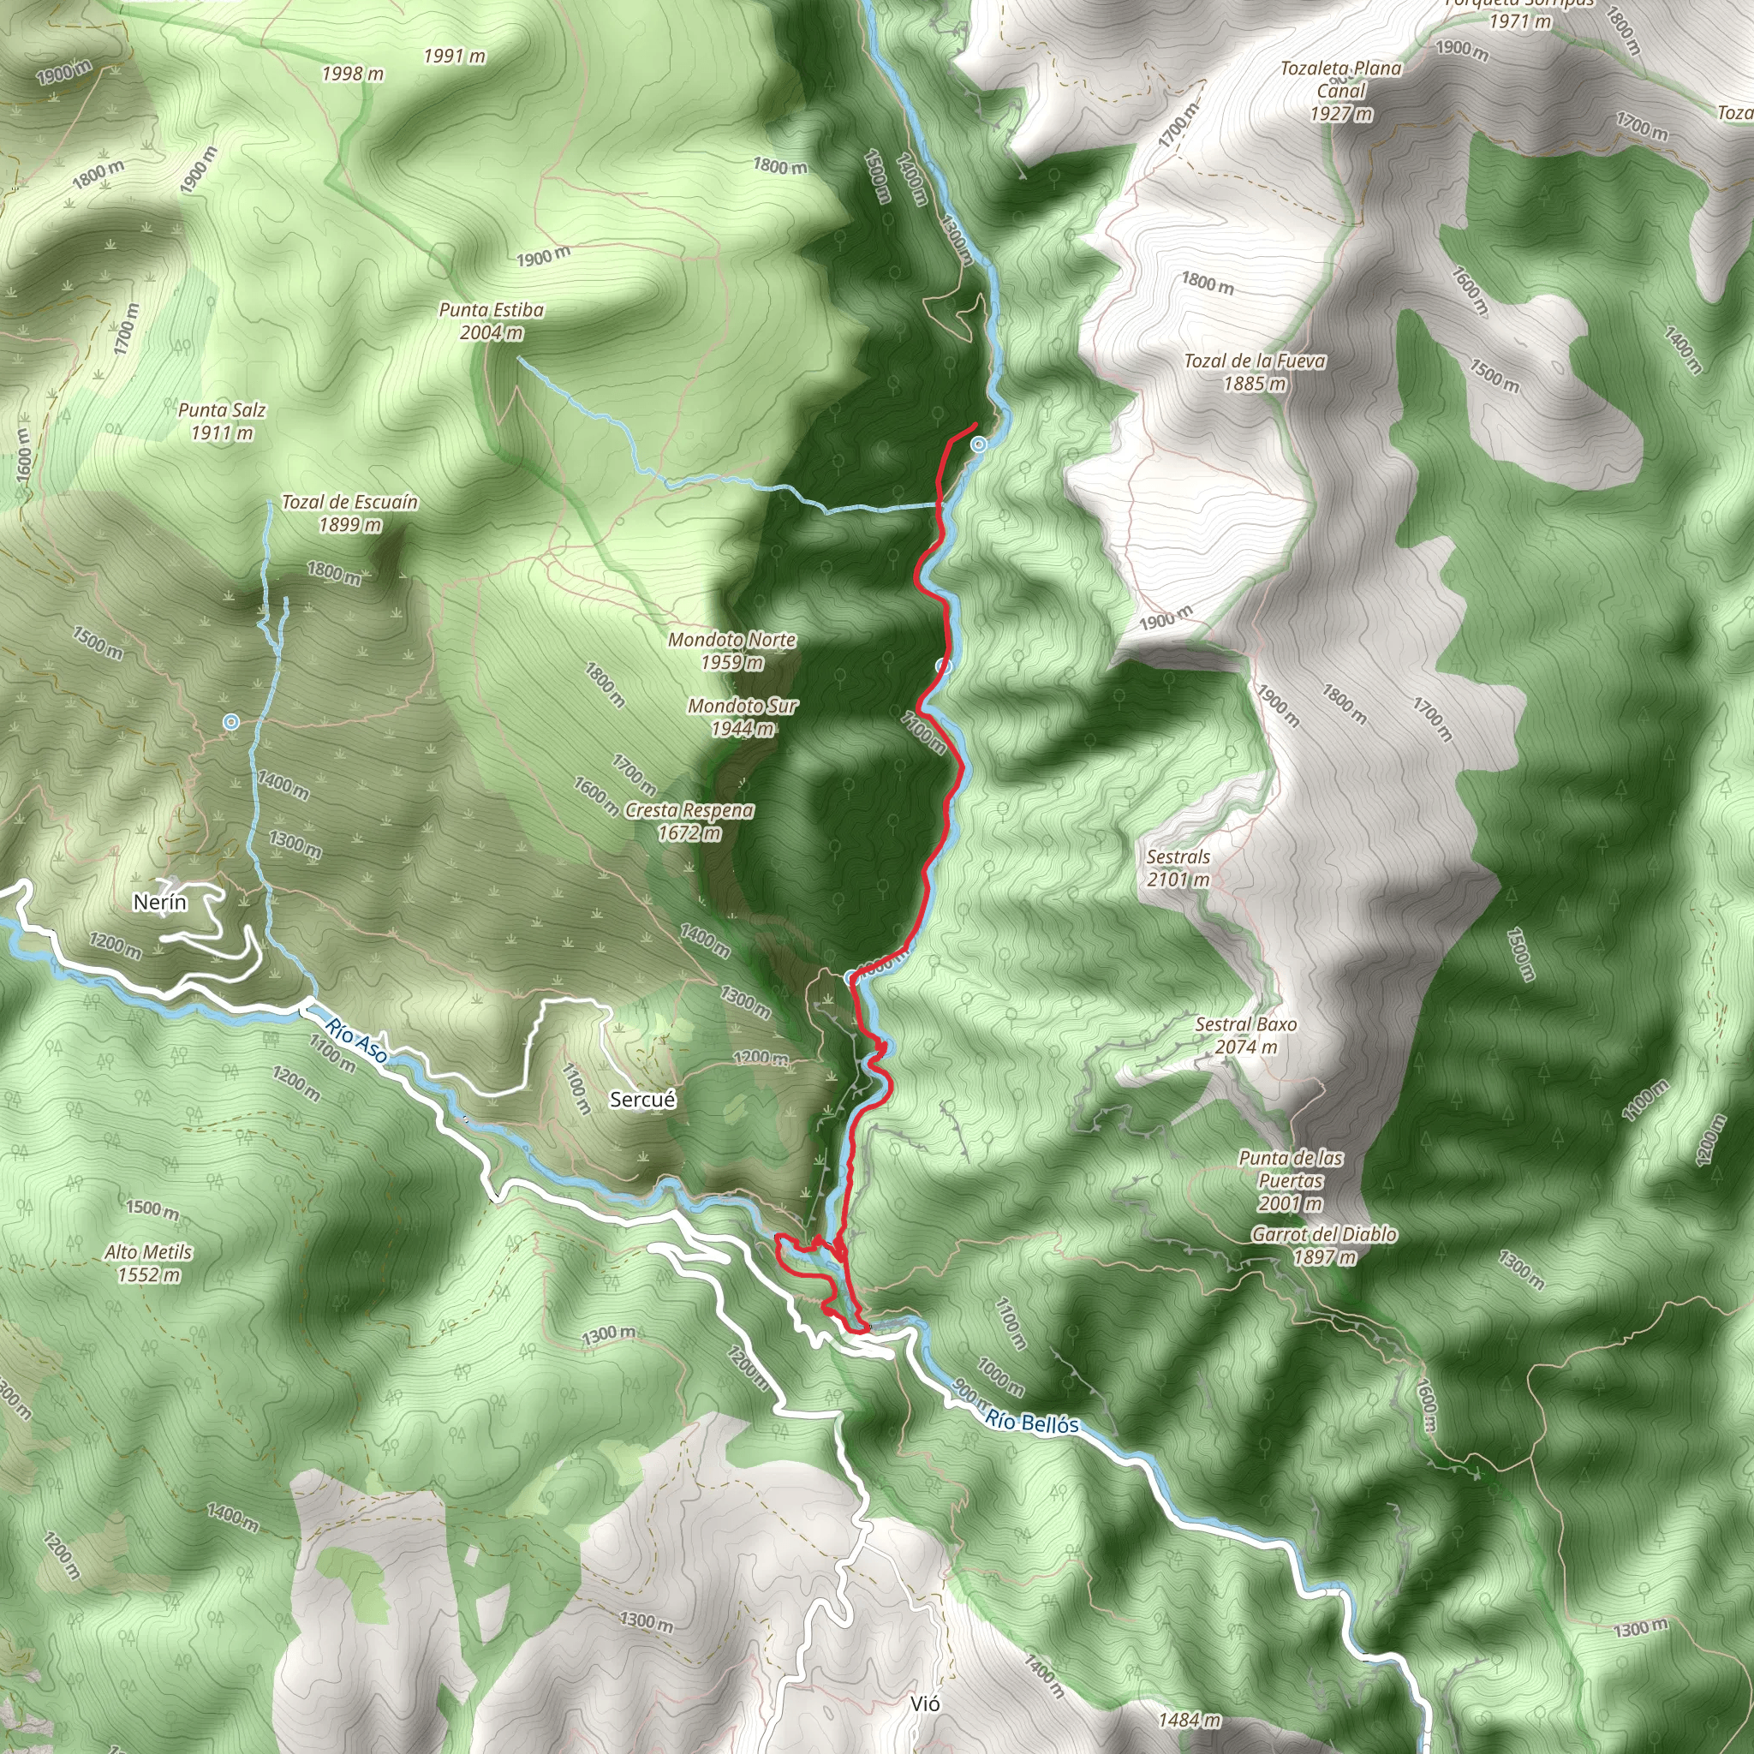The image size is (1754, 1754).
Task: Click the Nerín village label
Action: coord(160,902)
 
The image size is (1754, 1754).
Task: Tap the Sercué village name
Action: coord(643,1100)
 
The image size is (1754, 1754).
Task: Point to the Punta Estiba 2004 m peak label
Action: coord(491,321)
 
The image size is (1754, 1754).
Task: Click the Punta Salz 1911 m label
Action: coord(222,421)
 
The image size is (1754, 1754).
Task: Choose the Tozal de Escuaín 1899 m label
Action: coord(349,513)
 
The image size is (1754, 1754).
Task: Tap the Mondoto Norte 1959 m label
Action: coord(731,651)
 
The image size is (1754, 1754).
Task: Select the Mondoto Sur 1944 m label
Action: coord(742,716)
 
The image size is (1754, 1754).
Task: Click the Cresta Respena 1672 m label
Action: coord(689,820)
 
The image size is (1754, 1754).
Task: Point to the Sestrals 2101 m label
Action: coord(1178,868)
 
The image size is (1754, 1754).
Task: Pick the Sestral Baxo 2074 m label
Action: coord(1245,1035)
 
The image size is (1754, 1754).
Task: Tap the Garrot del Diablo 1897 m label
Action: coord(1324,1244)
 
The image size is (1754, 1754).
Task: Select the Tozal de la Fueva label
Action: coord(1255,372)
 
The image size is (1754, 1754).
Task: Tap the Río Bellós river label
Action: coord(1032,1421)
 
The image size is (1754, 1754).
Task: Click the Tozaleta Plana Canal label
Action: coord(1341,91)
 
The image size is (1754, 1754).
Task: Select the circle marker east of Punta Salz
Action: coord(231,722)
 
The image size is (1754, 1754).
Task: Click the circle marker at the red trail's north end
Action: coord(979,444)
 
